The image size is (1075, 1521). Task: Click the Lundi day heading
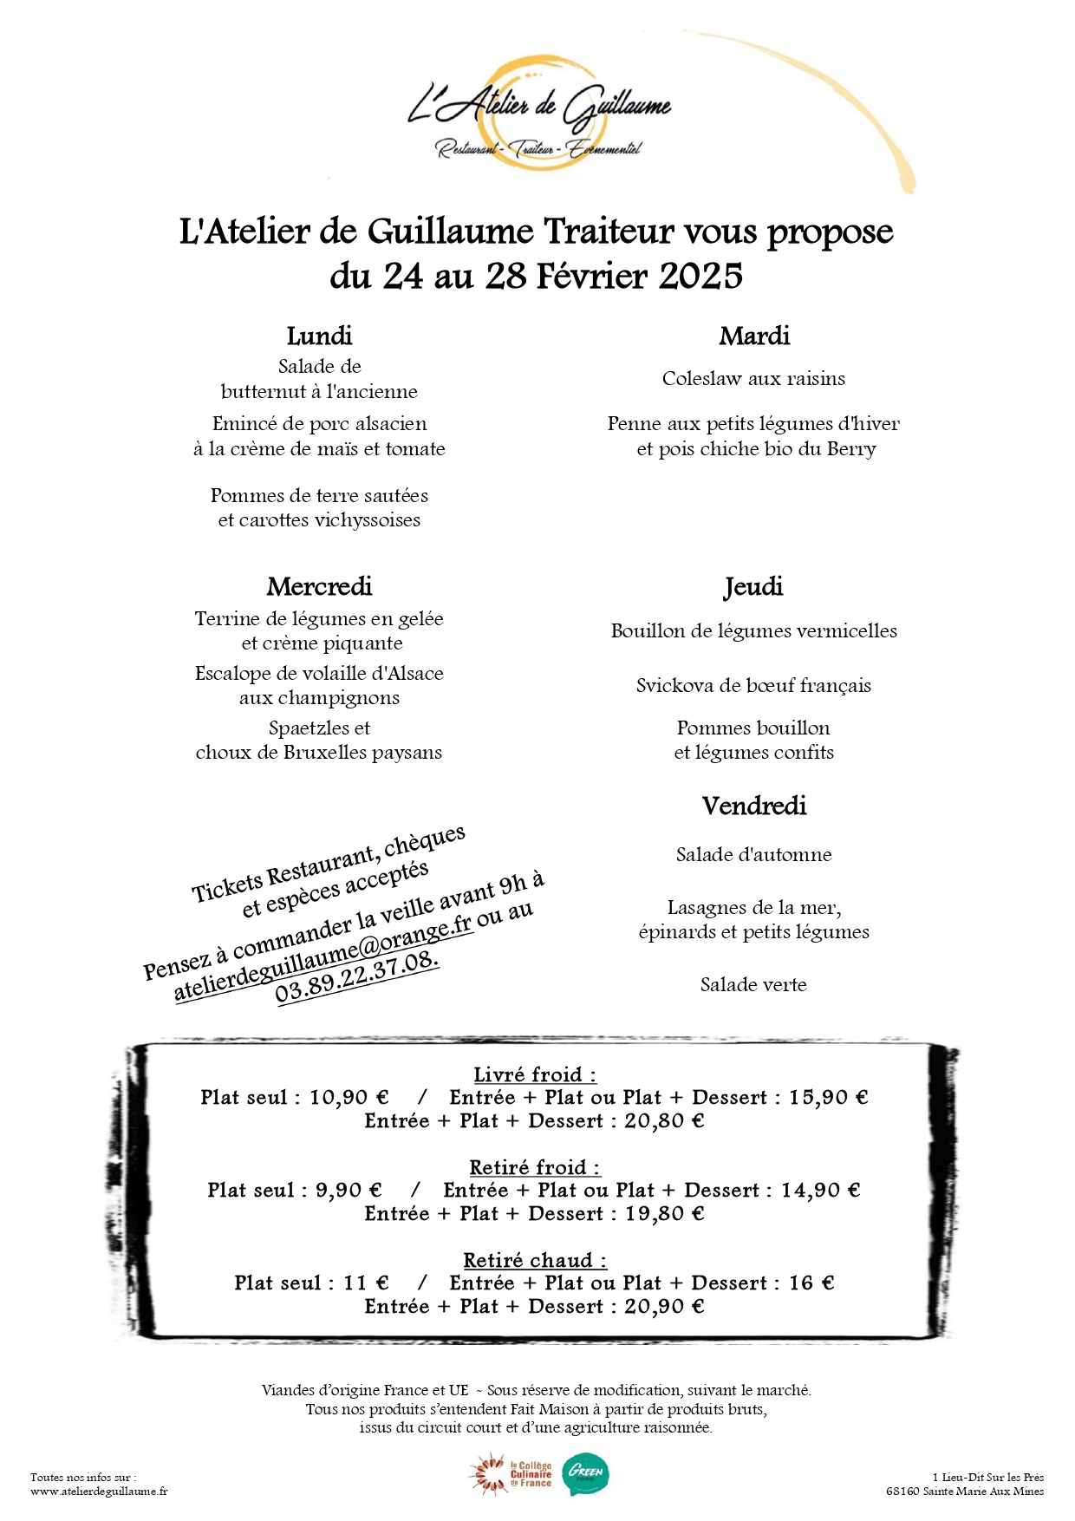pyautogui.click(x=319, y=336)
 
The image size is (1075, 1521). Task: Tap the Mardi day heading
pyautogui.click(x=754, y=336)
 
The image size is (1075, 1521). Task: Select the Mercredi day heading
pyautogui.click(x=319, y=587)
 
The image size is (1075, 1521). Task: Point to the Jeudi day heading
pyautogui.click(x=753, y=587)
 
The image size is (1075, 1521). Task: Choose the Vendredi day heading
pyautogui.click(x=754, y=806)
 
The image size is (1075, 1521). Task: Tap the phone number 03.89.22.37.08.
pyautogui.click(x=357, y=977)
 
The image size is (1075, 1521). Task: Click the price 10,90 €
pyautogui.click(x=349, y=1098)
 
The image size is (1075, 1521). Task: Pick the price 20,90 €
pyautogui.click(x=664, y=1307)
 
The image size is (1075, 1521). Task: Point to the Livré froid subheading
pyautogui.click(x=535, y=1075)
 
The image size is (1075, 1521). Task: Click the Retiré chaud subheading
pyautogui.click(x=535, y=1261)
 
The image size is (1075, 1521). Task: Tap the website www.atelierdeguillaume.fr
pyautogui.click(x=99, y=1492)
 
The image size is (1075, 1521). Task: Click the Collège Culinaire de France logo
pyautogui.click(x=511, y=1474)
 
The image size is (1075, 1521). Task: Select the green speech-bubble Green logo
pyautogui.click(x=586, y=1474)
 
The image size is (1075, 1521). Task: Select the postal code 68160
pyautogui.click(x=902, y=1492)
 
